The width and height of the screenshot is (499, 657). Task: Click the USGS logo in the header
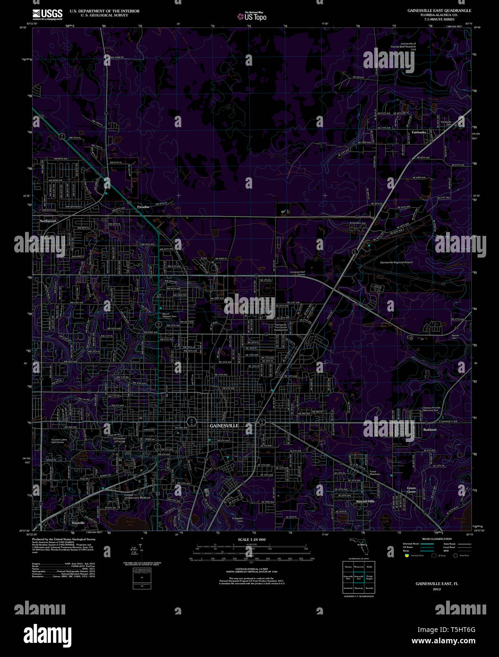47,14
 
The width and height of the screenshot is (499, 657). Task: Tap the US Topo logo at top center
252,17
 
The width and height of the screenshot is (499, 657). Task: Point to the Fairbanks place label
418,132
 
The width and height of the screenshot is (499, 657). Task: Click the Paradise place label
143,207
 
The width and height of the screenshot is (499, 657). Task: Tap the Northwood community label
48,221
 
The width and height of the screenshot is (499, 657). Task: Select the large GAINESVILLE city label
224,426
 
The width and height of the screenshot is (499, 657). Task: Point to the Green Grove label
412,490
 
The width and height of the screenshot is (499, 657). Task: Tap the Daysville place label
78,523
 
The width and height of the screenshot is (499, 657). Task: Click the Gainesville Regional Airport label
396,262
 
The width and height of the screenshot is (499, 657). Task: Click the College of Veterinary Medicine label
137,497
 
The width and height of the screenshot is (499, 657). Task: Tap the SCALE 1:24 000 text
251,539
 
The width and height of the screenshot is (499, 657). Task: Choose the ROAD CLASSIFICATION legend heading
437,539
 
